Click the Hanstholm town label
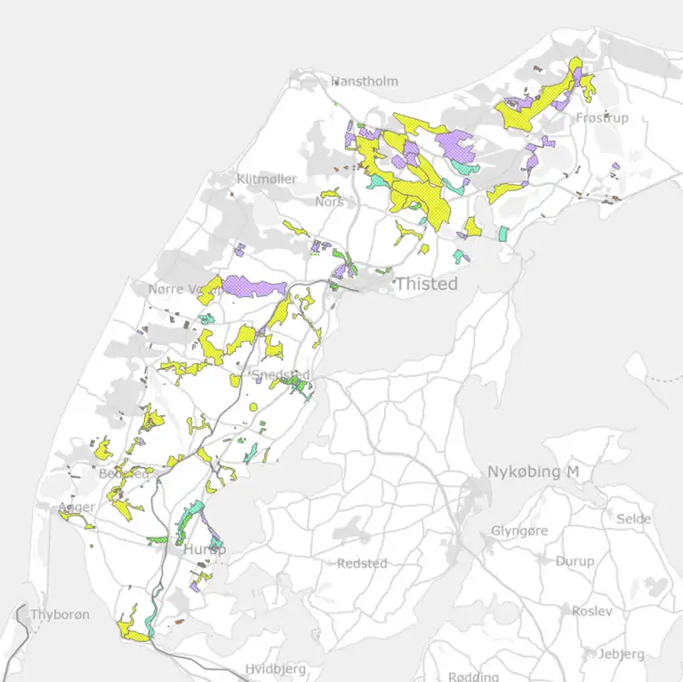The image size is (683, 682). pyautogui.click(x=365, y=81)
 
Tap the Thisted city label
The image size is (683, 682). pyautogui.click(x=426, y=284)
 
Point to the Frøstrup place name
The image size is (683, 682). pyautogui.click(x=602, y=117)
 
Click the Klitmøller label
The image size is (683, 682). pyautogui.click(x=267, y=179)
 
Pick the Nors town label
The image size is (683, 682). pyautogui.click(x=329, y=202)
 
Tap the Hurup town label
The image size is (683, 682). pyautogui.click(x=205, y=550)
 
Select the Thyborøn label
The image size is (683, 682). pyautogui.click(x=60, y=614)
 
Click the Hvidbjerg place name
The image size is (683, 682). pyautogui.click(x=276, y=669)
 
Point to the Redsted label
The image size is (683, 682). pyautogui.click(x=362, y=564)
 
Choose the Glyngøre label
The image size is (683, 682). pyautogui.click(x=520, y=531)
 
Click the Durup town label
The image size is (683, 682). pyautogui.click(x=575, y=561)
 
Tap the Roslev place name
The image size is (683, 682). pyautogui.click(x=592, y=612)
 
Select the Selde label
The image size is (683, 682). pyautogui.click(x=634, y=518)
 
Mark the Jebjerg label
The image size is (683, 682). pyautogui.click(x=621, y=654)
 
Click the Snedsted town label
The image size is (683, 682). pyautogui.click(x=282, y=373)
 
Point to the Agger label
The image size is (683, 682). pyautogui.click(x=76, y=508)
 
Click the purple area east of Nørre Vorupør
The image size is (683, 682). pyautogui.click(x=253, y=286)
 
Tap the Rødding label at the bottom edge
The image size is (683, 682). pyautogui.click(x=473, y=677)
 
